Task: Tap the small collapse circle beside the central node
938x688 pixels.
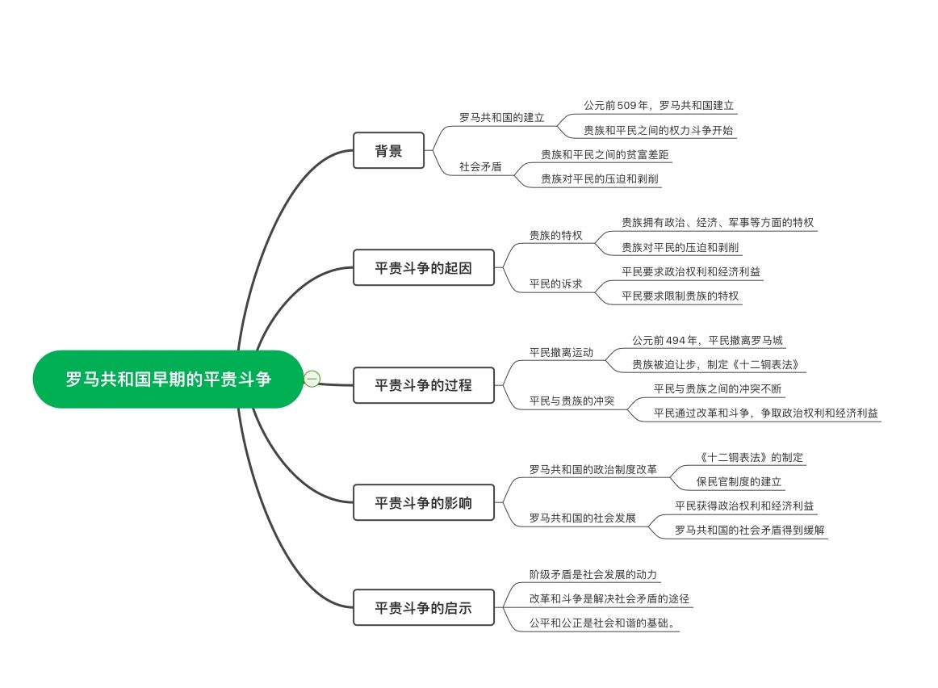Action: click(x=312, y=378)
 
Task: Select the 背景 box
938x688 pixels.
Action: click(x=388, y=150)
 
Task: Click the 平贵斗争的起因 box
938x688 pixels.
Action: click(x=423, y=267)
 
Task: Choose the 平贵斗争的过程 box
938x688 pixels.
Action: click(x=423, y=385)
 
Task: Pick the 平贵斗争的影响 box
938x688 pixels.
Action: click(x=423, y=503)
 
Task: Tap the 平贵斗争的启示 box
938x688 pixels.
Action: click(x=423, y=607)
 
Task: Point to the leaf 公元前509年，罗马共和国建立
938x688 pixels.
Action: click(x=659, y=105)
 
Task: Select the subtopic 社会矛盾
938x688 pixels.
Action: click(x=480, y=166)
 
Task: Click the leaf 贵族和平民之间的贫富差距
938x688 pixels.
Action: click(x=605, y=153)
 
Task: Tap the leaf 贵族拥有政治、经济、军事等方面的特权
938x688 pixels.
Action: click(x=718, y=221)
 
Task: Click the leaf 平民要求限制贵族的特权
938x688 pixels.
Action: click(x=680, y=296)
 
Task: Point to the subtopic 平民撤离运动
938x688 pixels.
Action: click(x=561, y=352)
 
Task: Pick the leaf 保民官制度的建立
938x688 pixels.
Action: click(x=739, y=481)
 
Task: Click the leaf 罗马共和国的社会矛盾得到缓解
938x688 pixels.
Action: click(x=750, y=530)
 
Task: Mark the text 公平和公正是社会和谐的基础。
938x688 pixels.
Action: click(x=604, y=623)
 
